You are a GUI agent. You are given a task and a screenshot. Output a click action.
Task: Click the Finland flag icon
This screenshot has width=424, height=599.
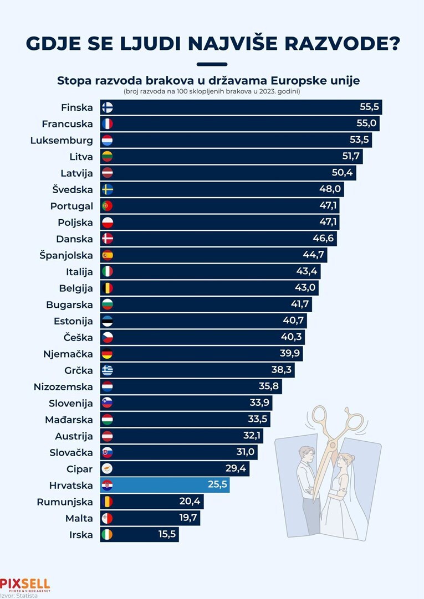108,107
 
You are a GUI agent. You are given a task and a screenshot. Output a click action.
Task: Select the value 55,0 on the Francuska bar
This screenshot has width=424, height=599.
367,124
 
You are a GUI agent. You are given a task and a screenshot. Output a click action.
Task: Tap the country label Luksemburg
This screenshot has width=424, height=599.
62,140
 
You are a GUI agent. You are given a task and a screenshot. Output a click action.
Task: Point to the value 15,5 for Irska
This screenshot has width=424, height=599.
165,535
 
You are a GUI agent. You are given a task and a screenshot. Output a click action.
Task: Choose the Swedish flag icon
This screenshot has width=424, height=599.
108,189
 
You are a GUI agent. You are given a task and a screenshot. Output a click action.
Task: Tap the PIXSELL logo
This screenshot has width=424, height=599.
25,584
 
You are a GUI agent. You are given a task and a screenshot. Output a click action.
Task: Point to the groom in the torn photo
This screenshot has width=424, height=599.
305,482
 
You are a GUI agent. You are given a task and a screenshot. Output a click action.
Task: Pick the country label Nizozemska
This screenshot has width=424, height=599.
63,386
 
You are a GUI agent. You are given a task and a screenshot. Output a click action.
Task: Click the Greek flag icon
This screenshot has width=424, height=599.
108,370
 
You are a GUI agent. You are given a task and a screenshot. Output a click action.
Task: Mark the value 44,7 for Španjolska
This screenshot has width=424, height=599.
314,255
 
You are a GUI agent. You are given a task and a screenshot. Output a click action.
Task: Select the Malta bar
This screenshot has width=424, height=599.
150,518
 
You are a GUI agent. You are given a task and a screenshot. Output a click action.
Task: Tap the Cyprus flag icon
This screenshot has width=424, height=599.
108,469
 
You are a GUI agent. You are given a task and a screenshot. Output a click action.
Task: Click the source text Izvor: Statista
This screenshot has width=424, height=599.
19,596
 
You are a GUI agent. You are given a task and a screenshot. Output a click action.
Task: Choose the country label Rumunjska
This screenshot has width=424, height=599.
65,502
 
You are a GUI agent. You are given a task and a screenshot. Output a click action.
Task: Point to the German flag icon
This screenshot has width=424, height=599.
108,354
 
